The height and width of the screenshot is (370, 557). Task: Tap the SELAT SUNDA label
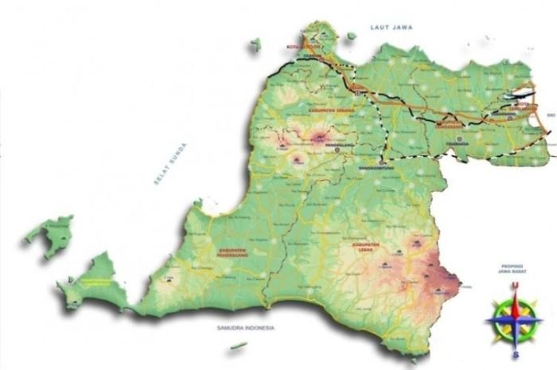169,169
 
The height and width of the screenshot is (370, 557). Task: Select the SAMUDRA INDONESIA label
246,328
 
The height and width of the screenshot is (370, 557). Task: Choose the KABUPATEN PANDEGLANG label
228,252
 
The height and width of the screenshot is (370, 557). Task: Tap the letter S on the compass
516,354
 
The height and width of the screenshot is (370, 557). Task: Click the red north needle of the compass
516,302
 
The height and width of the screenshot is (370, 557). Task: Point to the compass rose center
516,320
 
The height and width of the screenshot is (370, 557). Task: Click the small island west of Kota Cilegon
255,47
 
